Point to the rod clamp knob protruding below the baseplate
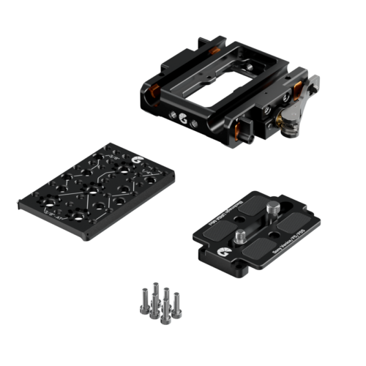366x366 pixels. [x=245, y=137]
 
